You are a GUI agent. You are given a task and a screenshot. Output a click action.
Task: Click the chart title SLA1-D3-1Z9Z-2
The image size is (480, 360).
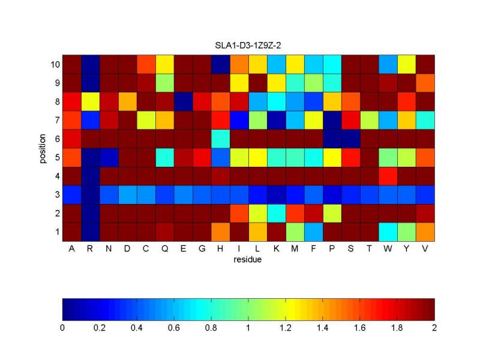(x=249, y=47)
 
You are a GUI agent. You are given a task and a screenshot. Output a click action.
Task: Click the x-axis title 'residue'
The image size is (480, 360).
(x=248, y=260)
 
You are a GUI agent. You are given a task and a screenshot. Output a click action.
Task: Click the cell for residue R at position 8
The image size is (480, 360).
(x=90, y=101)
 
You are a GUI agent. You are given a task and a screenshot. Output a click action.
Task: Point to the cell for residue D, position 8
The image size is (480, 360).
(x=127, y=101)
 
